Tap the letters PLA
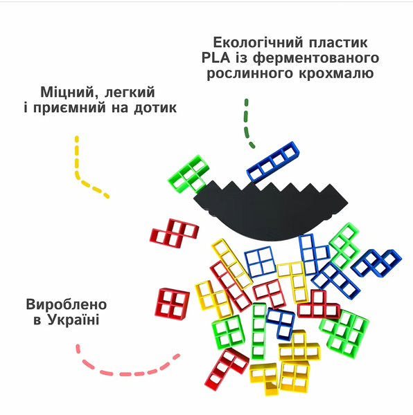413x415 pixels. click(x=216, y=57)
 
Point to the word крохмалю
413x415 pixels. click(x=336, y=73)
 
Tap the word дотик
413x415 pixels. click(x=155, y=108)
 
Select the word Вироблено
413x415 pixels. click(x=67, y=304)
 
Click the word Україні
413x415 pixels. click(x=73, y=320)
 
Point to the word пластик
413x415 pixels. click(x=338, y=43)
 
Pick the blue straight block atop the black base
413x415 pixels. click(x=273, y=162)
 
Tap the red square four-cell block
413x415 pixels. click(x=172, y=304)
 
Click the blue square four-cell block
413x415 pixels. click(x=260, y=261)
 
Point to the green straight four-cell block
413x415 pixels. click(x=258, y=331)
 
